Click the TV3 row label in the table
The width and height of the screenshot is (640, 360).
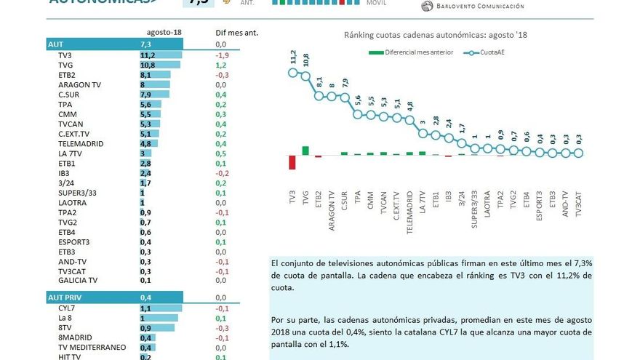click(65, 55)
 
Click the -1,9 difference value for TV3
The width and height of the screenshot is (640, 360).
click(223, 55)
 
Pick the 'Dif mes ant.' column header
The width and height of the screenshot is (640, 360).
click(237, 33)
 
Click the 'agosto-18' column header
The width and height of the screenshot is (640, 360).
click(164, 33)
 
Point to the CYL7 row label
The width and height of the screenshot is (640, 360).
click(67, 308)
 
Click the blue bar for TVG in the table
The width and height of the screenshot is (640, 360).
click(160, 65)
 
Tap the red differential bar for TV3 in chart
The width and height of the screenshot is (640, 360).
click(292, 161)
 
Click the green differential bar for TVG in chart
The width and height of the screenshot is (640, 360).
click(305, 151)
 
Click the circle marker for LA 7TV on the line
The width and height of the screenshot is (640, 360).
click(423, 129)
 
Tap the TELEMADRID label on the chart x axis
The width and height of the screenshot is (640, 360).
click(409, 212)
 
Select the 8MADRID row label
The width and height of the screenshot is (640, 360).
click(74, 337)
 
